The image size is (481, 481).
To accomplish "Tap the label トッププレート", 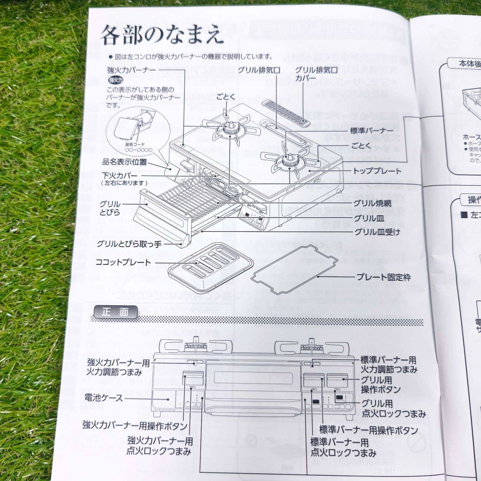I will click(377, 171).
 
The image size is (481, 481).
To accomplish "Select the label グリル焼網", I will click(372, 204).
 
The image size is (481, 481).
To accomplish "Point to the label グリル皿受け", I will click(377, 232).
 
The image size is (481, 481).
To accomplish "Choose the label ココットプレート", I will click(123, 262).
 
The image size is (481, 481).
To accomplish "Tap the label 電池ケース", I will click(104, 398).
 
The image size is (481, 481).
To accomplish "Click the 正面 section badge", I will click(115, 312).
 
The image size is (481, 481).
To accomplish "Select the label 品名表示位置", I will click(124, 162).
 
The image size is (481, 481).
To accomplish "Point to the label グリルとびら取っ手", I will click(129, 244).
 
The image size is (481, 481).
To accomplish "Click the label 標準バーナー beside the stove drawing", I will click(372, 131).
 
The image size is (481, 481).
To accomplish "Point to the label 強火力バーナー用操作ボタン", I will click(135, 425).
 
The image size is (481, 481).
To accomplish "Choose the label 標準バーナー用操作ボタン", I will click(368, 430).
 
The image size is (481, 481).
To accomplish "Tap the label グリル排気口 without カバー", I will click(259, 71).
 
